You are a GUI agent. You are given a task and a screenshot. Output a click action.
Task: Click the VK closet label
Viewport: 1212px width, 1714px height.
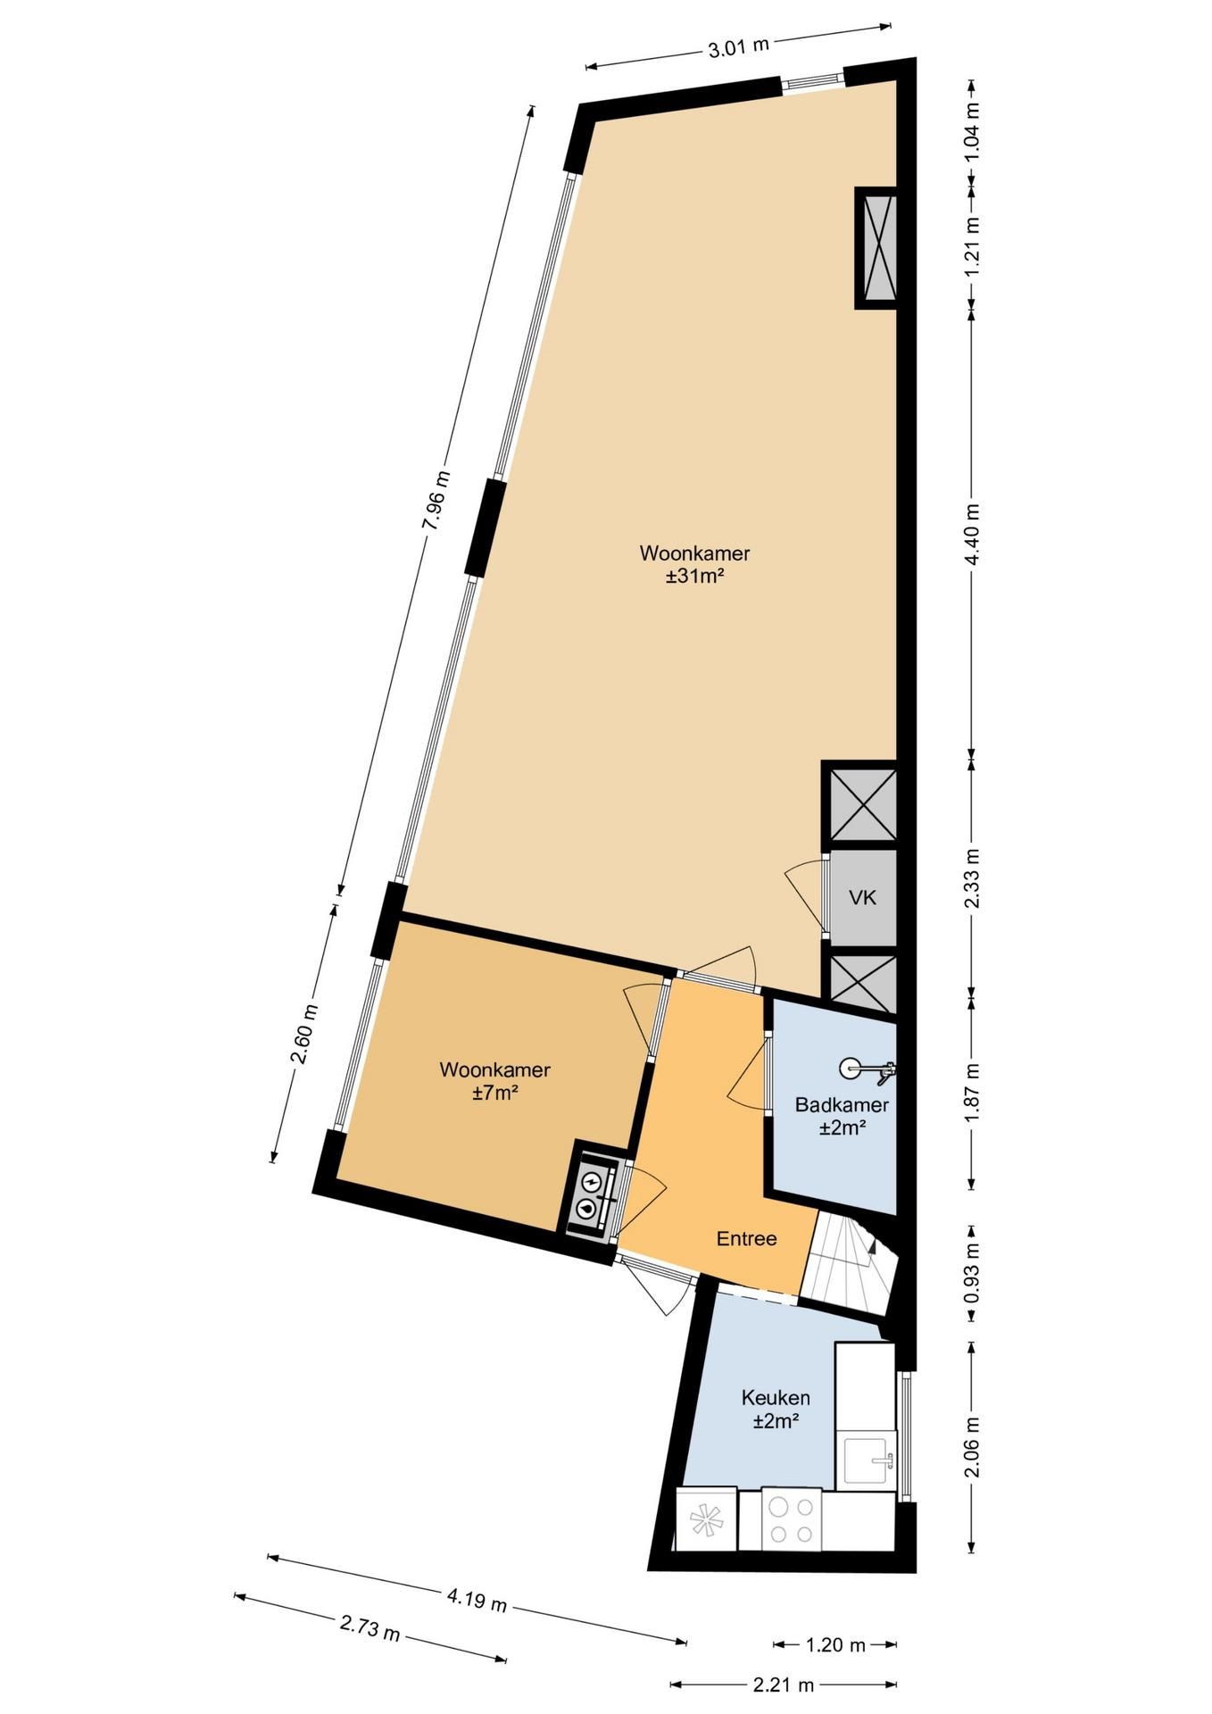pos(862,897)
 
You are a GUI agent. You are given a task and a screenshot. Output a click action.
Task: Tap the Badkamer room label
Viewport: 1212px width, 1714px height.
pos(842,1105)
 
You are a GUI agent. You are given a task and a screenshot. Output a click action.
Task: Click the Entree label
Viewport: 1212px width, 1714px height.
pos(747,1238)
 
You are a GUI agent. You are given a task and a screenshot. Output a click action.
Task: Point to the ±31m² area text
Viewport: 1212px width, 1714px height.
pos(693,577)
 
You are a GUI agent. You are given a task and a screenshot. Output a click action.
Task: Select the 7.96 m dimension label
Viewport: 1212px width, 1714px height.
pos(436,502)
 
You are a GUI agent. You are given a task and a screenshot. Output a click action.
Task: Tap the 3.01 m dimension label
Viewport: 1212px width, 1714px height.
pos(738,46)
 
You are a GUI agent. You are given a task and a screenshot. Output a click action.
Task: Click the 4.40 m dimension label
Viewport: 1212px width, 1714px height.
pos(973,534)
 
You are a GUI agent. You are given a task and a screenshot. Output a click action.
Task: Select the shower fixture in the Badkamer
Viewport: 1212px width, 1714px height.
pos(866,1069)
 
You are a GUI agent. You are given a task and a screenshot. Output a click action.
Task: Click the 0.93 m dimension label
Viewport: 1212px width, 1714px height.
pos(973,1271)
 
